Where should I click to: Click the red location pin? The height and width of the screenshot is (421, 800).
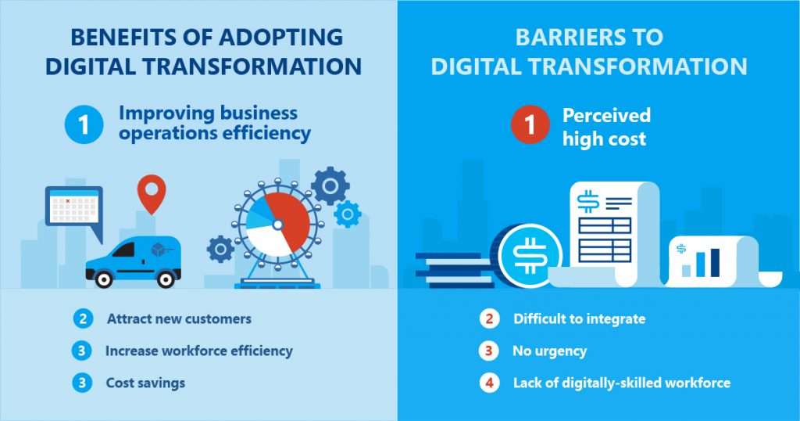pos(152,193)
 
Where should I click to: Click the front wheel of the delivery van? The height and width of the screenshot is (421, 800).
pos(104,278)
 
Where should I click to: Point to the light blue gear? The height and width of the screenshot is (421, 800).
pos(348,214)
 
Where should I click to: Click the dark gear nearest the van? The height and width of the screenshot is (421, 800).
pos(220,250)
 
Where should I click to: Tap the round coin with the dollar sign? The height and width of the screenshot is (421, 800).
pos(530,254)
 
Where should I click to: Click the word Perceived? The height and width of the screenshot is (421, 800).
pos(606,116)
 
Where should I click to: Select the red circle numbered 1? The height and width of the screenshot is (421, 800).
pos(530,124)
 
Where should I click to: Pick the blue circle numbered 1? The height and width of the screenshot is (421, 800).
pos(84,124)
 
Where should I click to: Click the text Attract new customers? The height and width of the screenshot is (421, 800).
pos(179,318)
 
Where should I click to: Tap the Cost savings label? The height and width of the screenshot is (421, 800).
pos(145,383)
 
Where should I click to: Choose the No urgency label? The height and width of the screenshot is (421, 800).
pos(549,351)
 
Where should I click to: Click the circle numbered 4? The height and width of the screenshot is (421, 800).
pos(489,383)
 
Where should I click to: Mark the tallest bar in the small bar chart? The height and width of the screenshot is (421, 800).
pos(716,263)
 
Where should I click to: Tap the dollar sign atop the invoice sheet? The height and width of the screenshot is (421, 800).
pos(588,202)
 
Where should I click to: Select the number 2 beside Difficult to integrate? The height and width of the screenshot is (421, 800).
pos(489,318)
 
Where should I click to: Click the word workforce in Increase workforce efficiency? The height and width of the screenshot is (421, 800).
pos(195,351)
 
